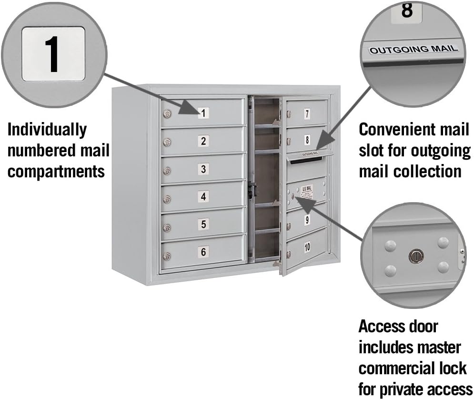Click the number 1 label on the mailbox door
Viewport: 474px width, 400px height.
click(203, 113)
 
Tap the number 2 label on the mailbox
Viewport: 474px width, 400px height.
click(203, 141)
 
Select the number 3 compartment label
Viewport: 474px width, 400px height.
click(203, 169)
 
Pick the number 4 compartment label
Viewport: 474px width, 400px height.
click(203, 196)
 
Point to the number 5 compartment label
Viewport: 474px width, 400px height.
click(203, 224)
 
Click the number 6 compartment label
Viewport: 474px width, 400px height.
click(203, 252)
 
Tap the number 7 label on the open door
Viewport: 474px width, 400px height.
click(307, 114)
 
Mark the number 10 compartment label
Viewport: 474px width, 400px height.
click(307, 246)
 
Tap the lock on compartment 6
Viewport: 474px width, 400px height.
click(167, 256)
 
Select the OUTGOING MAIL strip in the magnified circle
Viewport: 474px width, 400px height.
click(413, 49)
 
